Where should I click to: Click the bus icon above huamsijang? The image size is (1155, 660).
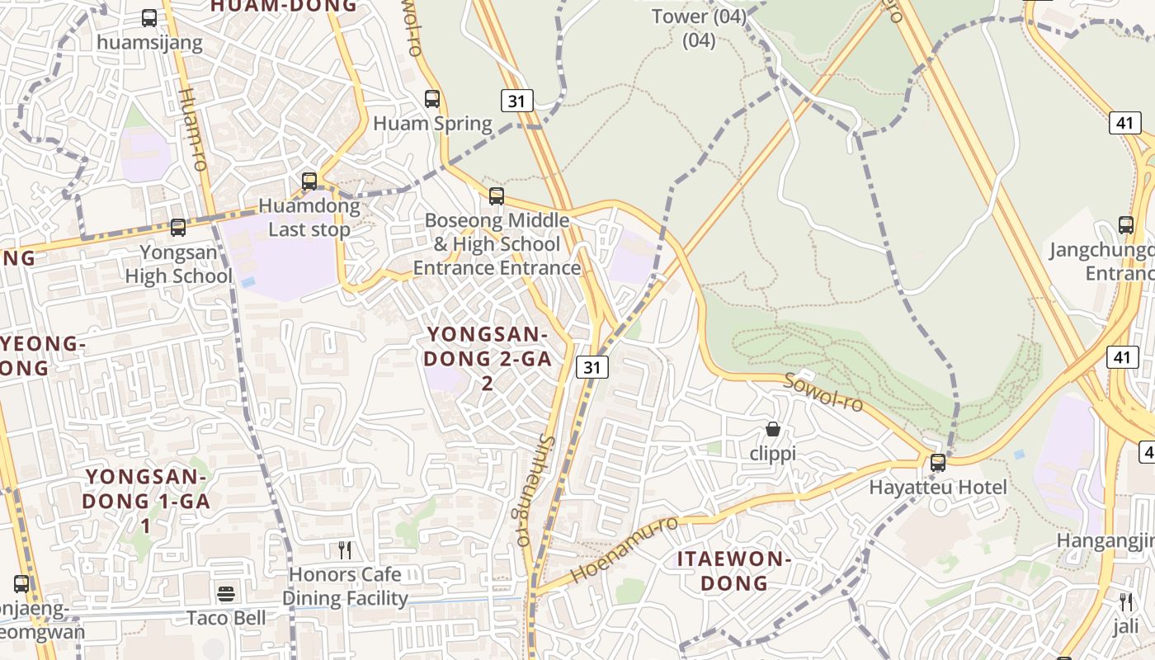[149, 17]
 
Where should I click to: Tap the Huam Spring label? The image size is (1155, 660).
[432, 125]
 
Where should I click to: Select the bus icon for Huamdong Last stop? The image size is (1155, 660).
[309, 181]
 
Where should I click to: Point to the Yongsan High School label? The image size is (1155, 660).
[178, 264]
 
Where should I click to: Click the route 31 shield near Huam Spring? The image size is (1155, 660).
[517, 101]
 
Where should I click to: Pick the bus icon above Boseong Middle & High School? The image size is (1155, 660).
[497, 196]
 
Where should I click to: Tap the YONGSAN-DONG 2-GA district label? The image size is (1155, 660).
[487, 358]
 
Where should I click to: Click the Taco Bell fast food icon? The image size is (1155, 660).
[226, 593]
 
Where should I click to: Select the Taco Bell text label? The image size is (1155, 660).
[226, 618]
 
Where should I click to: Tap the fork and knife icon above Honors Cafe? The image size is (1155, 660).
[345, 549]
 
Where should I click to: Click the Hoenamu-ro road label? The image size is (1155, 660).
[625, 549]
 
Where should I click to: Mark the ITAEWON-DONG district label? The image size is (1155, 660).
[734, 571]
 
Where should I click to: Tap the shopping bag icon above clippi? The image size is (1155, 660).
[773, 429]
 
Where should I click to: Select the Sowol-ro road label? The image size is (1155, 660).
[823, 392]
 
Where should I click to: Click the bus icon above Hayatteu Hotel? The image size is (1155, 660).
[938, 462]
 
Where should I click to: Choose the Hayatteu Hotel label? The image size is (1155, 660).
[938, 488]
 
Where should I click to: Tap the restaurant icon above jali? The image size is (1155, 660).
[1126, 601]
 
